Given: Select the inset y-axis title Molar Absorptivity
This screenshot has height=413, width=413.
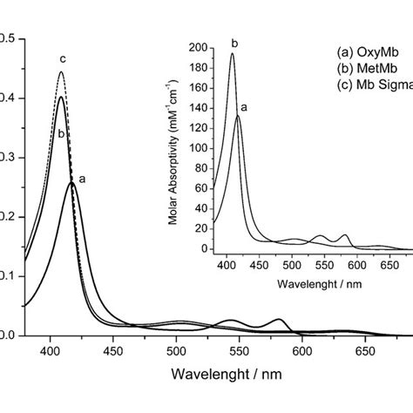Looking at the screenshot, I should (x=179, y=148).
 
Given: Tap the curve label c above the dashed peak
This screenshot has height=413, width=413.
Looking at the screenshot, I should (x=62, y=59).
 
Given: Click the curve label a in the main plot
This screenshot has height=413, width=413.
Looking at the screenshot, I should (x=82, y=179).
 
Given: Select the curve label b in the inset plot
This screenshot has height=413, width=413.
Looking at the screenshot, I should (x=234, y=41).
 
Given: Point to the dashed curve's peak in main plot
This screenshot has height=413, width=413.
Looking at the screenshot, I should (x=61, y=72).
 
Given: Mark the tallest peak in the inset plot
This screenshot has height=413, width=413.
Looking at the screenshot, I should (x=232, y=53).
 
